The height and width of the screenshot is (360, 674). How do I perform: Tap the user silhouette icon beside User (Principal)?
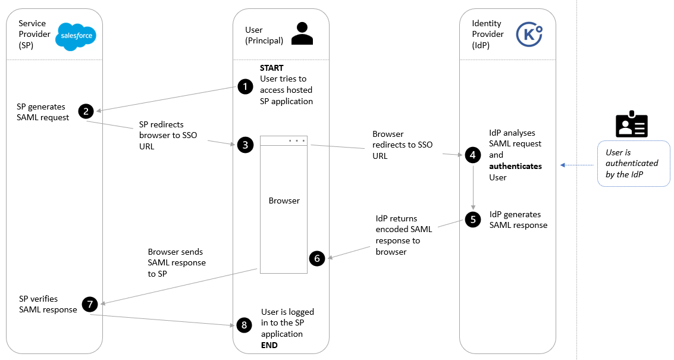tap(302, 34)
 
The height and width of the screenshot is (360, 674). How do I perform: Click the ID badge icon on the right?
tap(631, 124)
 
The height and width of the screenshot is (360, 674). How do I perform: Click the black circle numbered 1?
tap(245, 87)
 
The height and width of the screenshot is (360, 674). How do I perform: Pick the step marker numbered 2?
tap(86, 111)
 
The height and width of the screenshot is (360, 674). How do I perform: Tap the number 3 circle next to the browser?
tap(245, 145)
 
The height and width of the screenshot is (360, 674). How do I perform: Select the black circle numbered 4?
tap(473, 155)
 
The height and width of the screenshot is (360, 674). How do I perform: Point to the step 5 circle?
tap(473, 220)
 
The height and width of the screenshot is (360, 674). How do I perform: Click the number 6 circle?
tap(317, 258)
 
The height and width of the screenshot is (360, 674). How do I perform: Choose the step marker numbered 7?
tap(90, 304)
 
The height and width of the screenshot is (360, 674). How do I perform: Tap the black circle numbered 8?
tap(243, 324)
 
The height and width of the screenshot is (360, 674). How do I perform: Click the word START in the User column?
tap(272, 68)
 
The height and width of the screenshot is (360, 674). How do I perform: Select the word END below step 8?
tap(269, 345)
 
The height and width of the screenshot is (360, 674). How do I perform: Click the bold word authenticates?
tap(515, 166)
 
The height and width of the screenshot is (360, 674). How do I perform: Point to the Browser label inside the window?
tap(284, 201)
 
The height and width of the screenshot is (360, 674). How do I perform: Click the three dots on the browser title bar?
tap(296, 140)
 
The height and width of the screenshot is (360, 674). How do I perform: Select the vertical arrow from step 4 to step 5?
tap(473, 186)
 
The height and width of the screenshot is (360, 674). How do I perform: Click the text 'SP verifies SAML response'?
tap(48, 304)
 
